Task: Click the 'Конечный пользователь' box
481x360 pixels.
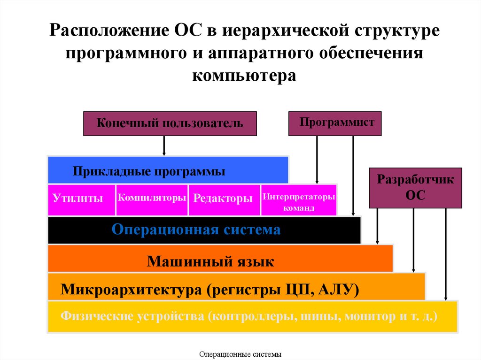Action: tap(170, 123)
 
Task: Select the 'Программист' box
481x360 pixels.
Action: tap(335, 123)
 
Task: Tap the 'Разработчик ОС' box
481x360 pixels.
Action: tap(415, 188)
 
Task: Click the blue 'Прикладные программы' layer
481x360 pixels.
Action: tap(168, 170)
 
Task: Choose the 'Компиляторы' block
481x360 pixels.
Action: tap(152, 198)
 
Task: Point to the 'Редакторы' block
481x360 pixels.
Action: tap(224, 199)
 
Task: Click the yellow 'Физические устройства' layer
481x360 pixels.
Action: tap(252, 317)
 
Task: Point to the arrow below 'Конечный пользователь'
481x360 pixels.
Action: tap(164, 146)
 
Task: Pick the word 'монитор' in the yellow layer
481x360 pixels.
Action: tap(369, 316)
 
